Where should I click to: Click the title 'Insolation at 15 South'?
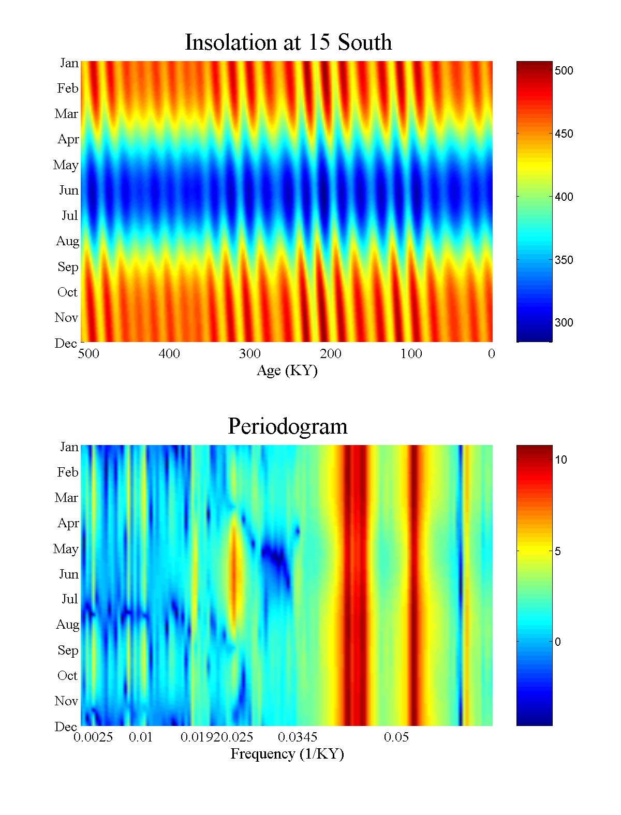[x=288, y=42]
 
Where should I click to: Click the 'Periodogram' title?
[x=287, y=426]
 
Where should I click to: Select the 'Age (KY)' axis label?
[x=287, y=371]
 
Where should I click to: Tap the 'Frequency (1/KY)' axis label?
[x=287, y=754]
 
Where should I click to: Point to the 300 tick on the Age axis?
[x=249, y=354]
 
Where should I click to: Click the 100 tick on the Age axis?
[x=411, y=354]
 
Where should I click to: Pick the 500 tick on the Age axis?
[x=88, y=354]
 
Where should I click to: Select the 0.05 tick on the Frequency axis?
[x=396, y=737]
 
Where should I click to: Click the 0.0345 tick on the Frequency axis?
[x=298, y=737]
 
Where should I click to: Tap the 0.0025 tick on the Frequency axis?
[x=93, y=737]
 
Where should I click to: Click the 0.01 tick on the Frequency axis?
[x=141, y=737]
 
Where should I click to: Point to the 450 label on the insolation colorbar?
[x=564, y=134]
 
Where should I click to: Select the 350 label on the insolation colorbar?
[x=564, y=260]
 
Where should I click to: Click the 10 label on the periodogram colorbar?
[x=561, y=460]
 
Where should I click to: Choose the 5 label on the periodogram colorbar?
[x=558, y=552]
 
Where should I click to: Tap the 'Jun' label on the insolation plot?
[x=68, y=190]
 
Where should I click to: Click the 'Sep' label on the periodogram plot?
[x=68, y=650]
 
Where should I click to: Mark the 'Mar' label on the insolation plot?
[x=66, y=114]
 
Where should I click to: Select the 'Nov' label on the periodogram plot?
[x=66, y=701]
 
